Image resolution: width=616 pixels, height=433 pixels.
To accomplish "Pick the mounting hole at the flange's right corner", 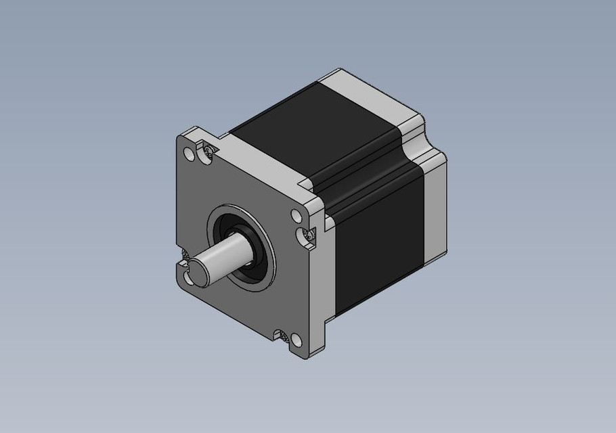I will pos(296,216).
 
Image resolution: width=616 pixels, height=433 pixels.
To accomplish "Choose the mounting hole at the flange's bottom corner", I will pos(295,339).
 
